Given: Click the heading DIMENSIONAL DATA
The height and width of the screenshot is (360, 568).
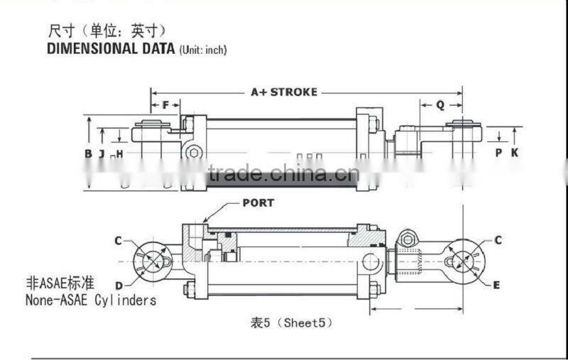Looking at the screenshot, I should tap(110, 49).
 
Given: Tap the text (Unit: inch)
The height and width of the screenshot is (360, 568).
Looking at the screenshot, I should tap(203, 50).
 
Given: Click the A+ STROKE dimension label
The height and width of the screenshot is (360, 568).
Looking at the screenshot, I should tap(284, 92).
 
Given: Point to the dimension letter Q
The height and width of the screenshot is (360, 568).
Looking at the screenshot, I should tap(439, 104).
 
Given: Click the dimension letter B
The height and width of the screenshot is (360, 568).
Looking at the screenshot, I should tap(88, 153).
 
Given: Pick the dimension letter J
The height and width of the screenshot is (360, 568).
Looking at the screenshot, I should tap(102, 153).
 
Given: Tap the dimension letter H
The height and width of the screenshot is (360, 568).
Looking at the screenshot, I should tap(119, 153).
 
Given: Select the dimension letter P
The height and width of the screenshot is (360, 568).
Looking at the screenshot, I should tap(499, 152).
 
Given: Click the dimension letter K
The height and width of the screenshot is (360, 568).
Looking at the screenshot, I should tap(515, 152).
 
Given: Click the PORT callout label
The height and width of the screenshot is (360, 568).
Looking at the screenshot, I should tap(258, 202).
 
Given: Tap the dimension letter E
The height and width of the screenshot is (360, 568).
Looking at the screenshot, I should tap(496, 285).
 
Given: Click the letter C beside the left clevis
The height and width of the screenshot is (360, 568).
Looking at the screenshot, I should tap(119, 241).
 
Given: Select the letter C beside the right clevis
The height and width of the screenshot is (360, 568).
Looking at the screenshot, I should tap(498, 241).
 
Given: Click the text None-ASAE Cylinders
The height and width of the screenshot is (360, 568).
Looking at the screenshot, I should tap(91, 300).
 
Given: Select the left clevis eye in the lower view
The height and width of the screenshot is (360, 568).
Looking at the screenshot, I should tap(152, 261).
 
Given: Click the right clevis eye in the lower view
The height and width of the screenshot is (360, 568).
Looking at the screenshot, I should tap(466, 261).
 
